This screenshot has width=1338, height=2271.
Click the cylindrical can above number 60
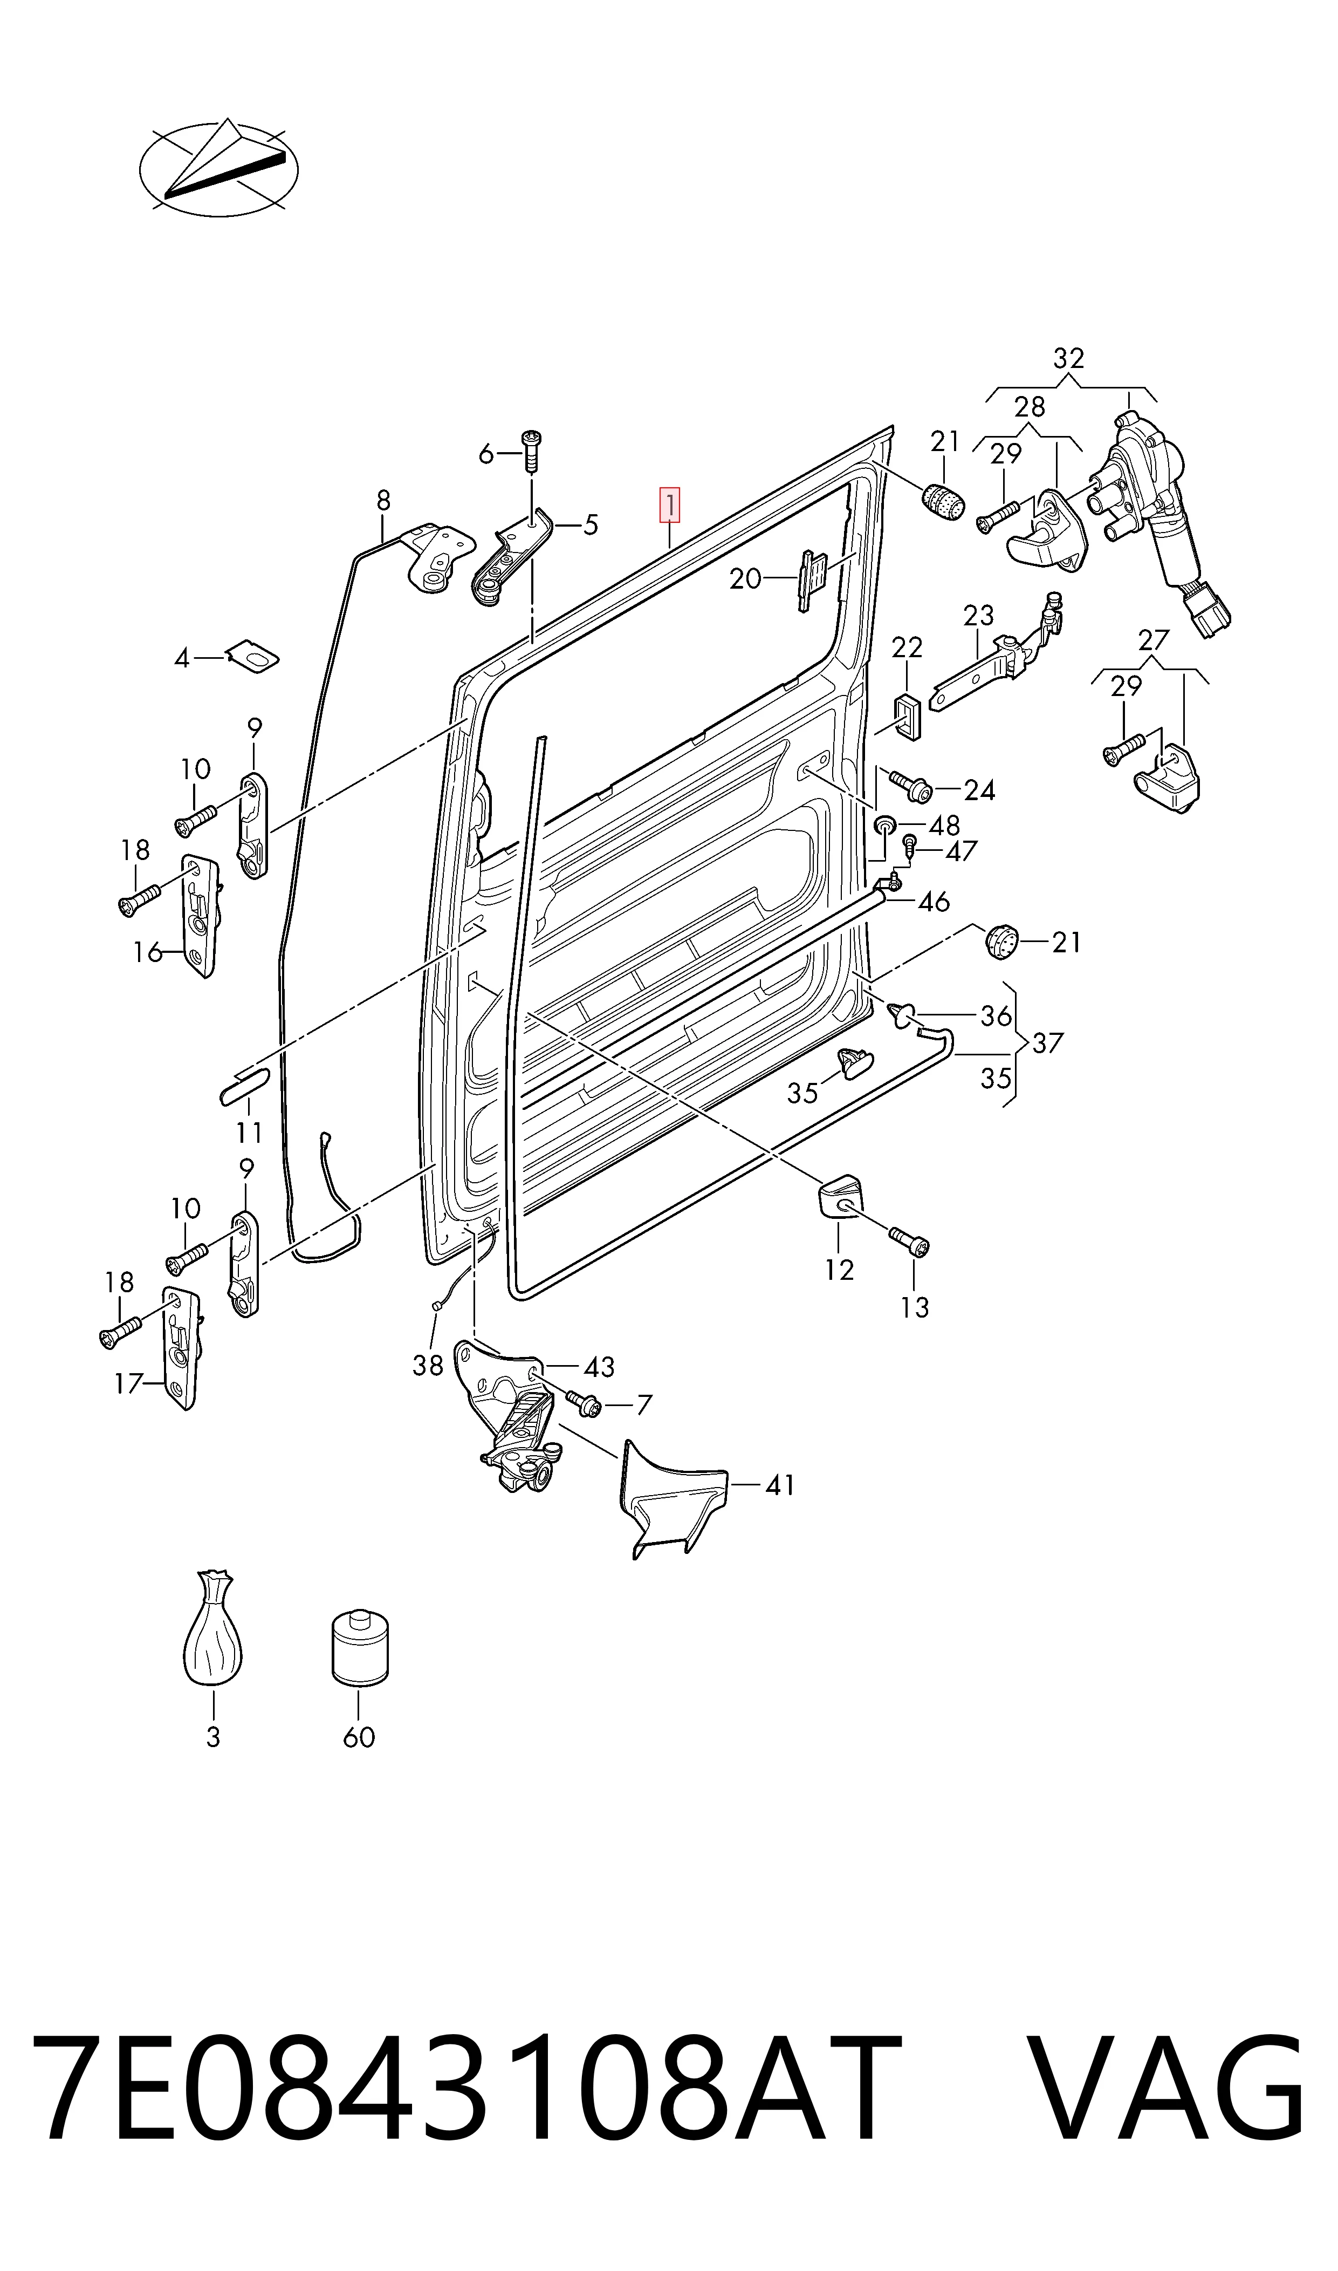pos(360,1646)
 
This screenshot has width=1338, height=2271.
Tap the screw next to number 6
pos(532,451)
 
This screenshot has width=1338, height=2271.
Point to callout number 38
pos(428,1366)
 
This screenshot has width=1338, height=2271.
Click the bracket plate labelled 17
pos(183,1347)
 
